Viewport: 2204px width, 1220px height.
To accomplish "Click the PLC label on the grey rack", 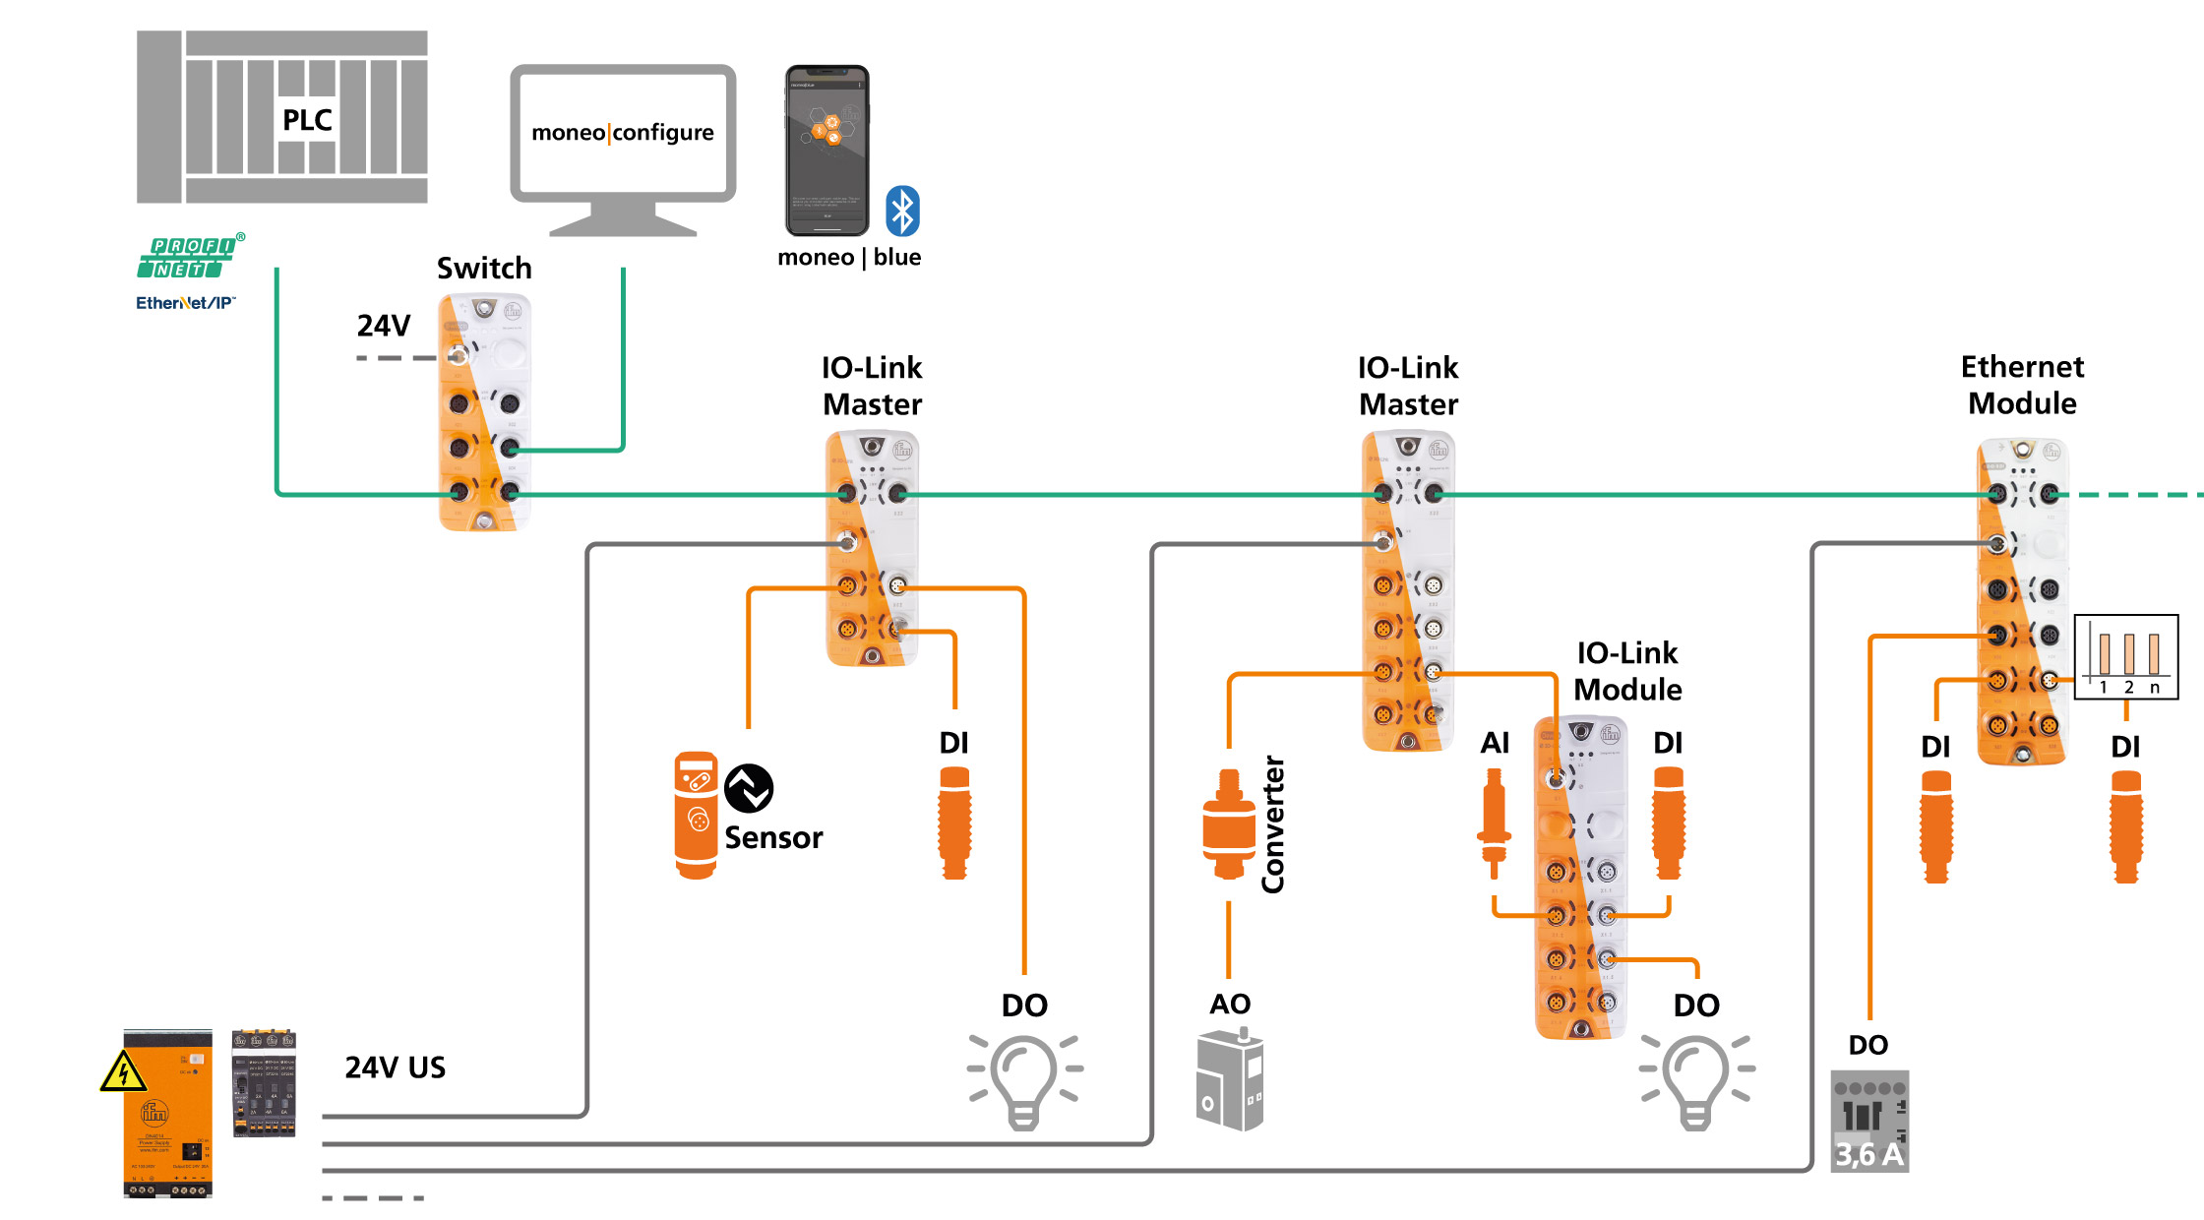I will coord(307,120).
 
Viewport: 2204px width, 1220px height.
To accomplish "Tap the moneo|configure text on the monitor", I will coord(623,132).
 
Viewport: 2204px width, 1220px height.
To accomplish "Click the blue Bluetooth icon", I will coord(902,211).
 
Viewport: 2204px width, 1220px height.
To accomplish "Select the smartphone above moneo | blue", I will coord(826,150).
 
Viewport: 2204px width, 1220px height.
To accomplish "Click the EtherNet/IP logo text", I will coord(185,303).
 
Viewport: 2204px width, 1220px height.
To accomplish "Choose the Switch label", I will coord(484,268).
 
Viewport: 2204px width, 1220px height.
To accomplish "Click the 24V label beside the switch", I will coord(384,326).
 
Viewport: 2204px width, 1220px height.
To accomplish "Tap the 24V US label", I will coord(395,1067).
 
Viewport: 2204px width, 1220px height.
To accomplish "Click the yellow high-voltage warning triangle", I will coord(123,1072).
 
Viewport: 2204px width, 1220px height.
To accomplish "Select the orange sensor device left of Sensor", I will coord(696,815).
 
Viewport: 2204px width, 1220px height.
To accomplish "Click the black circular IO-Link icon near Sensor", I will coord(749,788).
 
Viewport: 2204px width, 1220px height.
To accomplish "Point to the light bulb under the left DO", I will coord(1023,1080).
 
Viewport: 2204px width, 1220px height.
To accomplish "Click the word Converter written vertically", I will coord(1273,824).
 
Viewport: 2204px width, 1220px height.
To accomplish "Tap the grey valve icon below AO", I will coord(1230,1080).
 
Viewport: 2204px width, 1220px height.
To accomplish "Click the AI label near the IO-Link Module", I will coord(1495,743).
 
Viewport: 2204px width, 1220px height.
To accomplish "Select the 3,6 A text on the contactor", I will coord(1868,1153).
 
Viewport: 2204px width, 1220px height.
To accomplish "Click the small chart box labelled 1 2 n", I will coord(2126,656).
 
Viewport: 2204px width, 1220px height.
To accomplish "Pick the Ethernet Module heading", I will coord(2022,385).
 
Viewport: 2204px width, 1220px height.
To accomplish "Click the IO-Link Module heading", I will coord(1627,671).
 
